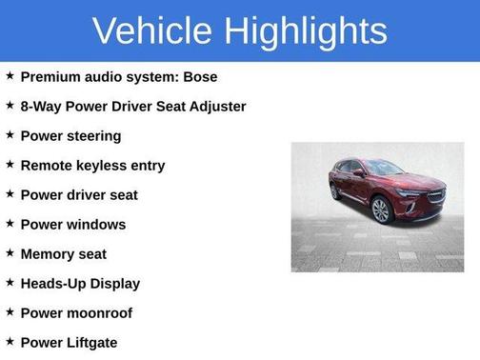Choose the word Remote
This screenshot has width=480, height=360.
point(46,166)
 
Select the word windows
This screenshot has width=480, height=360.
point(94,225)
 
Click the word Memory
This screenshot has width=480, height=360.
point(48,254)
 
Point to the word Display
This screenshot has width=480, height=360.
point(117,284)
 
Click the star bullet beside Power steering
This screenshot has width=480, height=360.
point(10,135)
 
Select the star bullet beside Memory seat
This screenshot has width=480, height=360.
point(10,253)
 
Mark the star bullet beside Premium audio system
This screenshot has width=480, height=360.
point(10,76)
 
